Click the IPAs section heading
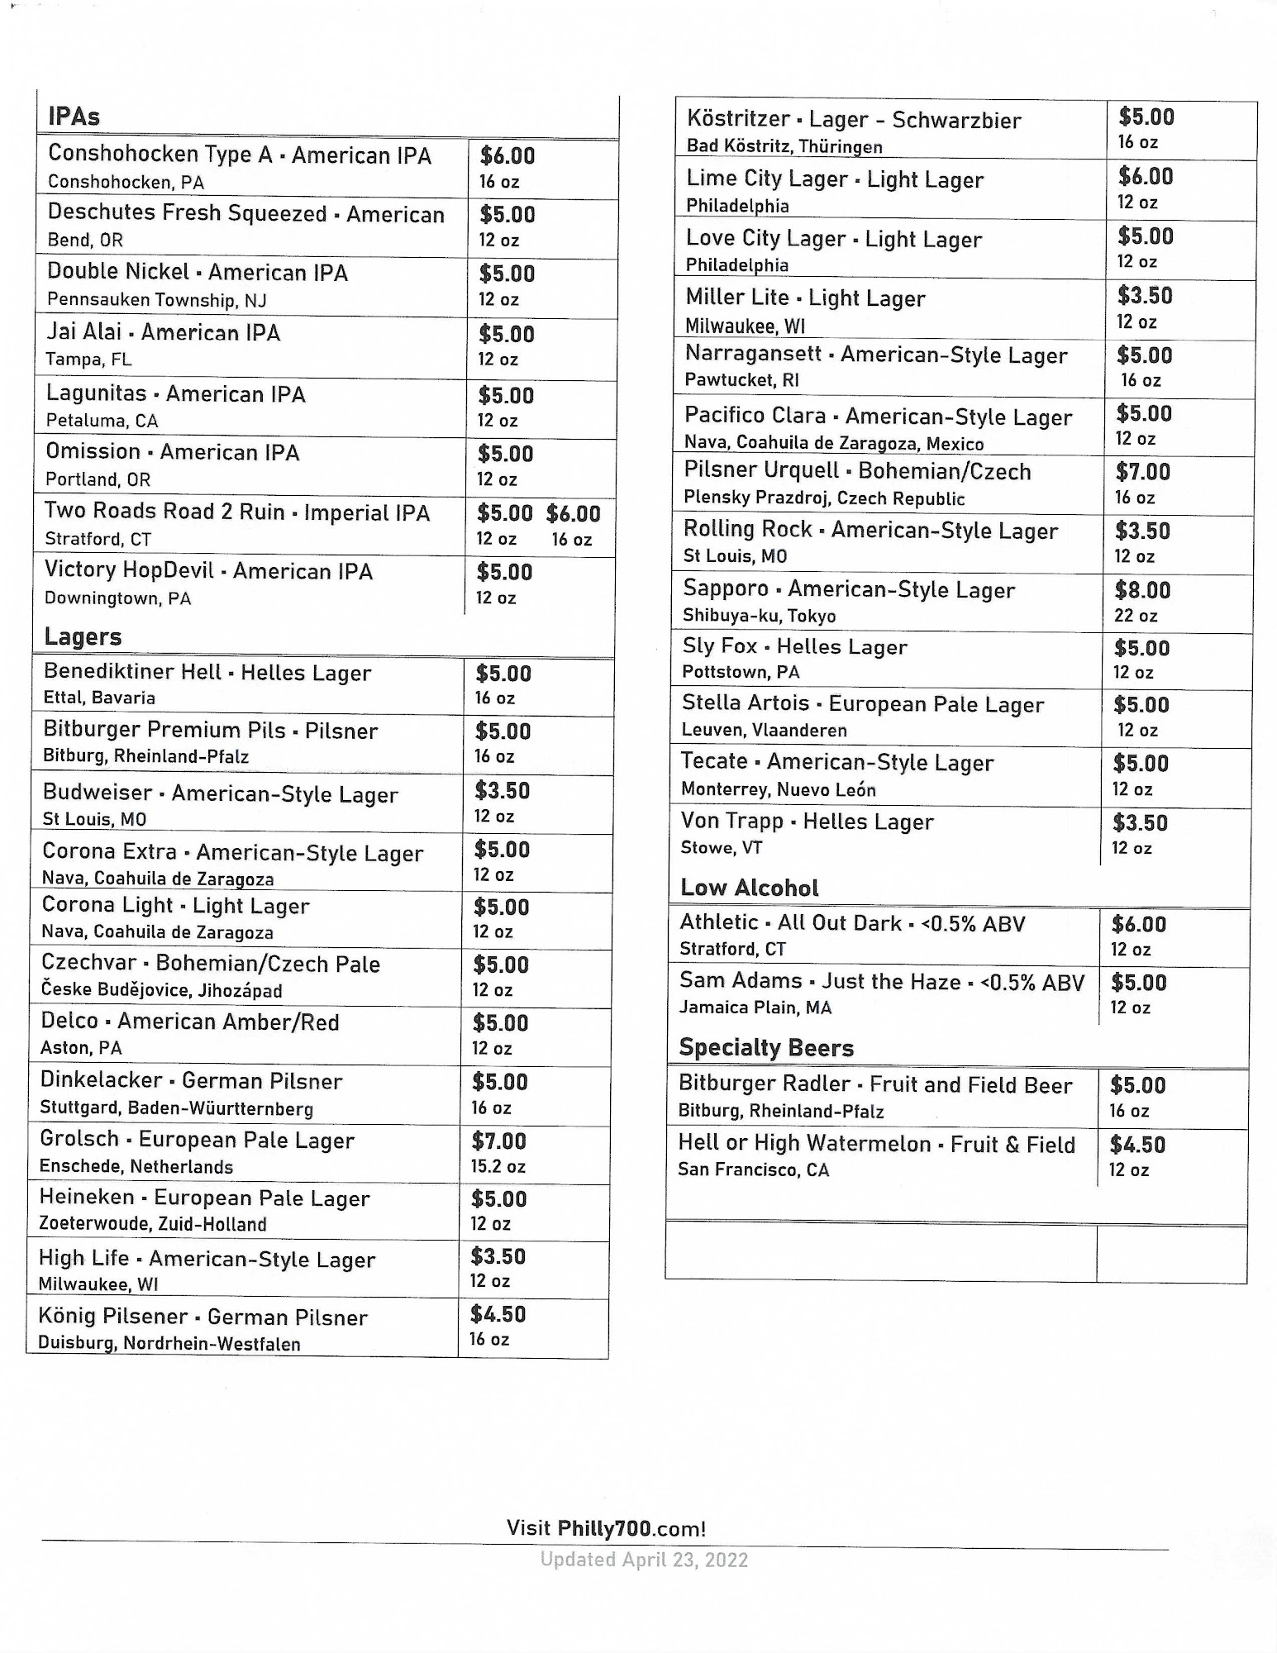(74, 117)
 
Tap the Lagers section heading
(83, 636)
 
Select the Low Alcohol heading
(749, 888)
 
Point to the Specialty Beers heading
(765, 1047)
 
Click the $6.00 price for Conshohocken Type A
(507, 155)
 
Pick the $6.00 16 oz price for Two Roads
(573, 513)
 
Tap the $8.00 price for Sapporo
(1142, 590)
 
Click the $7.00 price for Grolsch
(499, 1141)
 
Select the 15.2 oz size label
(498, 1166)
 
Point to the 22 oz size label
(1136, 616)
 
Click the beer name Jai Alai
(84, 332)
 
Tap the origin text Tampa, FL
(88, 360)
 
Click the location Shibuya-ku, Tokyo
(759, 616)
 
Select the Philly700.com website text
(631, 1528)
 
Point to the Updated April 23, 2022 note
(644, 1560)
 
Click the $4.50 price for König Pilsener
(498, 1314)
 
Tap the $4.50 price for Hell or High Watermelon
(1137, 1145)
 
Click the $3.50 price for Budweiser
(502, 791)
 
